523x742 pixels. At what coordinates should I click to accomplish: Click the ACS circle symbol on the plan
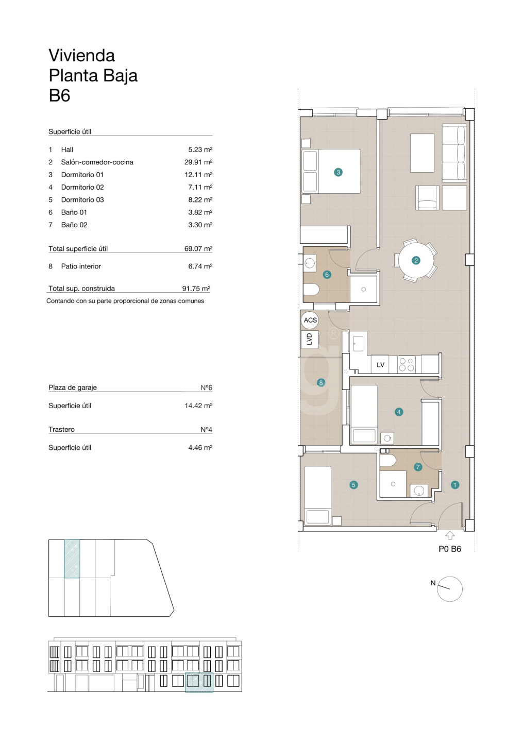point(310,320)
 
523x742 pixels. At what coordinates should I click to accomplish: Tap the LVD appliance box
point(309,339)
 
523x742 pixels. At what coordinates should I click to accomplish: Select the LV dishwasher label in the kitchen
point(380,365)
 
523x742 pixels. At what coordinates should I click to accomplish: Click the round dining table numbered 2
point(416,260)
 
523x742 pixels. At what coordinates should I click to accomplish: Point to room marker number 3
point(338,172)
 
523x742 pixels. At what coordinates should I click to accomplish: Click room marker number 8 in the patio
point(320,382)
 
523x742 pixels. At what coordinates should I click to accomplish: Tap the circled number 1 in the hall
point(455,485)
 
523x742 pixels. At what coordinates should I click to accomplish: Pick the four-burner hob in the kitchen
point(407,364)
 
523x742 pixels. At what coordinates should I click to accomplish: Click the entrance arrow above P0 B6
point(449,536)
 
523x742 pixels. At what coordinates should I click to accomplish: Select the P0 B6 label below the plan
point(449,549)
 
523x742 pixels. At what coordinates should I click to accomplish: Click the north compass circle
point(449,589)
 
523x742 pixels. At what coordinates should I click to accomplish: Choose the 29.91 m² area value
point(198,162)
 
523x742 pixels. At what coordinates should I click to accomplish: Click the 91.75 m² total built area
point(196,289)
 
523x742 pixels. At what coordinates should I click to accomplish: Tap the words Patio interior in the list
point(81,266)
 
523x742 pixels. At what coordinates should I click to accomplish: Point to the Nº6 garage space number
point(206,387)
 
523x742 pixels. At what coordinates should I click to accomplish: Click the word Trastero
point(62,430)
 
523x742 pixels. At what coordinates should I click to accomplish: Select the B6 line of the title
point(60,96)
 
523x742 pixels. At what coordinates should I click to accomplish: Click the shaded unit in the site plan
point(72,559)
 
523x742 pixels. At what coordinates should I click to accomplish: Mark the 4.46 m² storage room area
point(200,447)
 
